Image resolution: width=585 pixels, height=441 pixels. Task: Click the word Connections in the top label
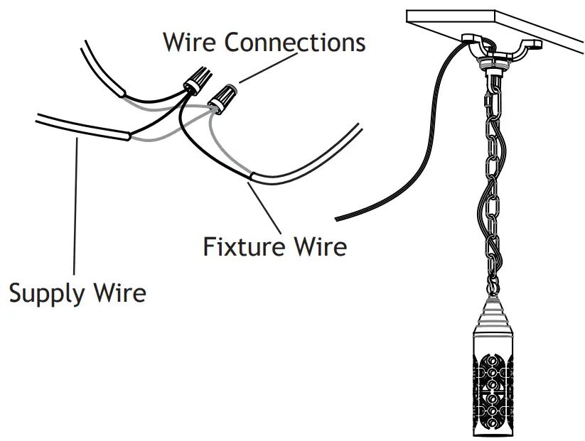click(295, 42)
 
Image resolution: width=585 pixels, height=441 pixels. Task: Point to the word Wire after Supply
click(122, 292)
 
